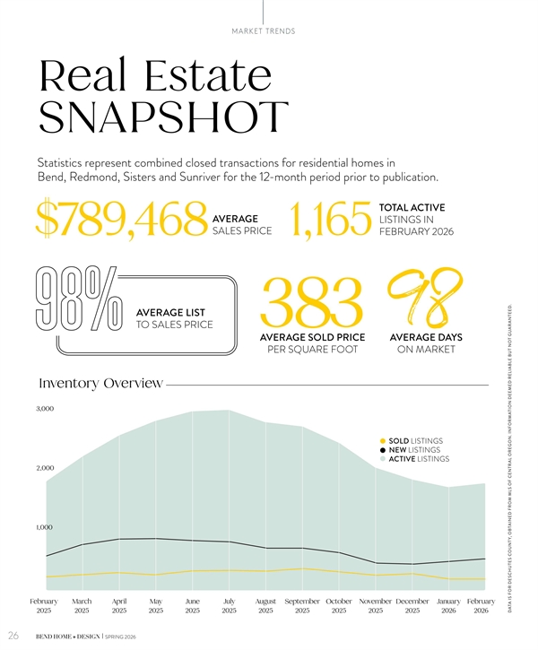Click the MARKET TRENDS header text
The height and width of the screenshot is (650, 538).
pos(264,31)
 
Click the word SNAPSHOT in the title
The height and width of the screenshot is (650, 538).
pos(163,119)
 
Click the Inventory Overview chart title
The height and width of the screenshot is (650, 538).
pos(100,384)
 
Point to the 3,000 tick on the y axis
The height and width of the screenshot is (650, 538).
pos(45,409)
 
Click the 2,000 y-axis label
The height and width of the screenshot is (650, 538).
pos(45,468)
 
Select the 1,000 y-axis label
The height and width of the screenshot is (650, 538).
pos(45,527)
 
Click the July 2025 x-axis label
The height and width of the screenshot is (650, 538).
pos(229,605)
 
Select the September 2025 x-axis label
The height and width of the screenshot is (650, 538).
pos(302,605)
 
